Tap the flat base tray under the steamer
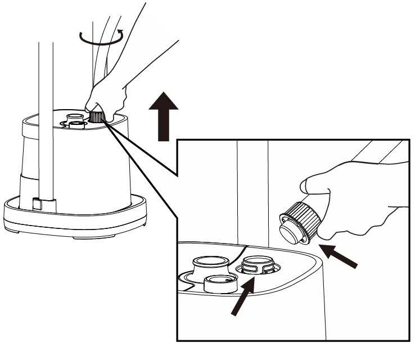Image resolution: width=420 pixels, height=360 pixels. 73,217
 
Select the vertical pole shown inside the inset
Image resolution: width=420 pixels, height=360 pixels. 252,191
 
